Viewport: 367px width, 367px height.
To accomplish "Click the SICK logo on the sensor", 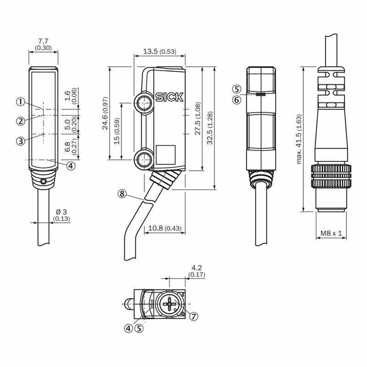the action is [x=169, y=97].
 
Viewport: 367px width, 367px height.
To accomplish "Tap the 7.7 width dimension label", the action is [x=43, y=41].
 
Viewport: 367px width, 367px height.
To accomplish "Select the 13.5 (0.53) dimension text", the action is [x=160, y=51].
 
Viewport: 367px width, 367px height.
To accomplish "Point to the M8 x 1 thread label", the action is [x=331, y=233].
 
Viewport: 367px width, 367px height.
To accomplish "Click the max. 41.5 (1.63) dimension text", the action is [x=299, y=139].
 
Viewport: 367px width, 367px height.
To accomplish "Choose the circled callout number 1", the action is [x=21, y=102].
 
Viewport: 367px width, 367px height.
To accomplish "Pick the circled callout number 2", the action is [x=21, y=121].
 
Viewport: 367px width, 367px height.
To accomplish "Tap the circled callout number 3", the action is [x=21, y=141].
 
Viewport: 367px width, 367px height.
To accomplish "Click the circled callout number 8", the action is [x=122, y=194].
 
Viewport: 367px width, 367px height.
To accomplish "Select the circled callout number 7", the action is [x=193, y=317].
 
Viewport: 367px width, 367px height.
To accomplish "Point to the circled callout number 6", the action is [x=237, y=100].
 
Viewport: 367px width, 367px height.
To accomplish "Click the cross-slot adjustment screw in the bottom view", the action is [x=169, y=304].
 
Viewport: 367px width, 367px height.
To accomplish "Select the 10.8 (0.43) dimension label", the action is [x=165, y=228].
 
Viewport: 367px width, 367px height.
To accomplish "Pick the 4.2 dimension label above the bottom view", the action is [x=197, y=267].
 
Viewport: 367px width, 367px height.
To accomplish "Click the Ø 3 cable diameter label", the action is [x=61, y=212].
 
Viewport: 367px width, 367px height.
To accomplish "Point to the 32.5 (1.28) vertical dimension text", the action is [x=210, y=128].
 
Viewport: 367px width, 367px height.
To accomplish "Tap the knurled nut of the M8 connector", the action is [x=331, y=176].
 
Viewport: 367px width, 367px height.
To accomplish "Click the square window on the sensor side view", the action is [x=166, y=155].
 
